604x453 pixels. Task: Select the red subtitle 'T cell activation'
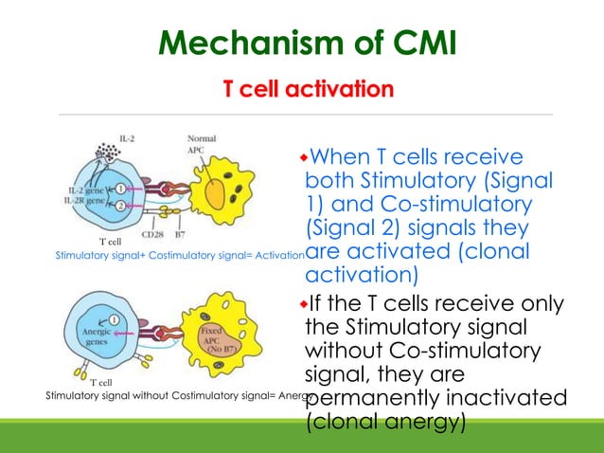308,90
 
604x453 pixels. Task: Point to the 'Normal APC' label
202,143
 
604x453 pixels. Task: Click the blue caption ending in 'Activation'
180,256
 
